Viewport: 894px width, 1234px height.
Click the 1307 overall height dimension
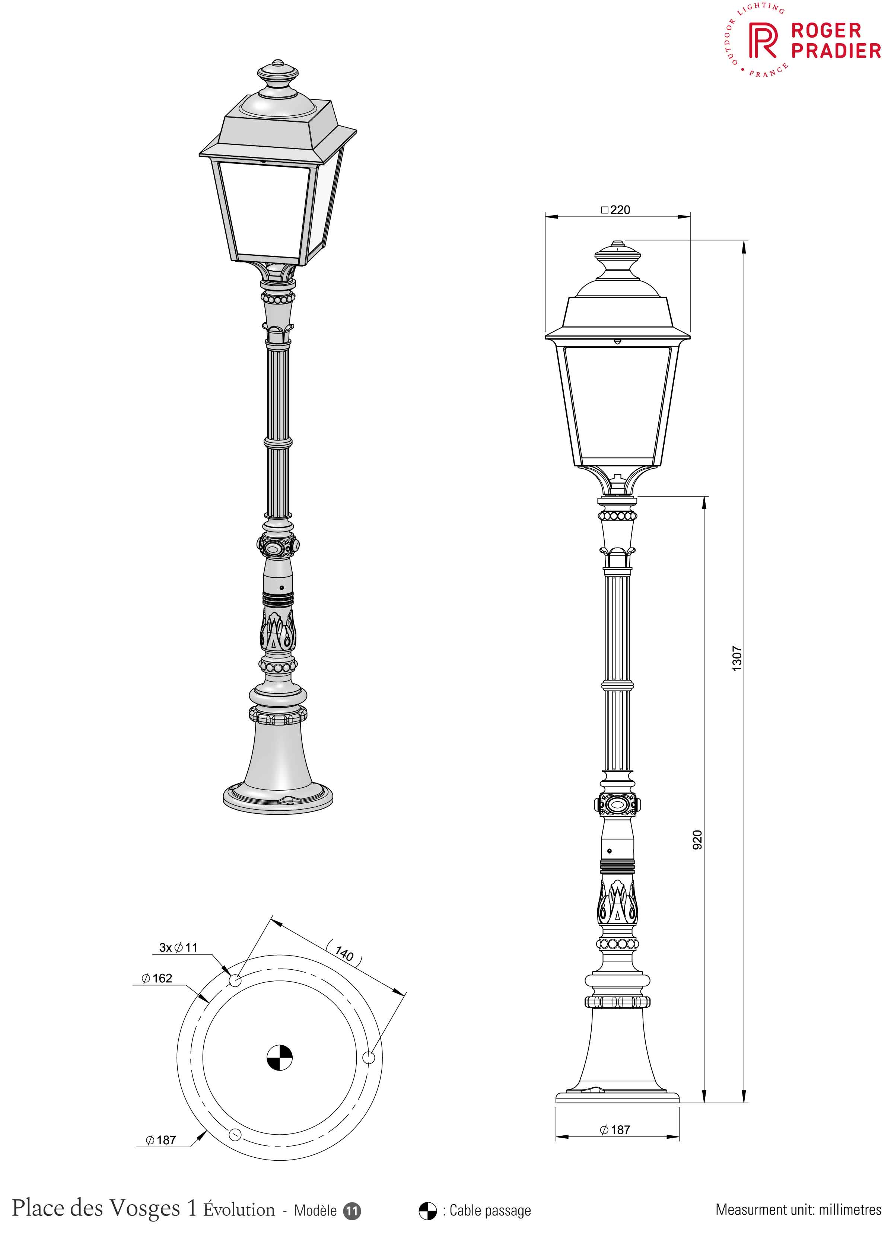737,659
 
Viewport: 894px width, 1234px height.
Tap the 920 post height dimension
697,839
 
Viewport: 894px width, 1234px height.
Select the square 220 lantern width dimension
615,210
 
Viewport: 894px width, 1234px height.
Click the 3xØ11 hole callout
178,947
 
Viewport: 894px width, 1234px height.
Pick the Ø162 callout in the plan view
157,978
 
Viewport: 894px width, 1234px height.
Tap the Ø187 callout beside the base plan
160,1140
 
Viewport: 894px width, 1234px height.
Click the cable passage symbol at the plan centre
280,1058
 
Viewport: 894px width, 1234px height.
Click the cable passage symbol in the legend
428,1211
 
